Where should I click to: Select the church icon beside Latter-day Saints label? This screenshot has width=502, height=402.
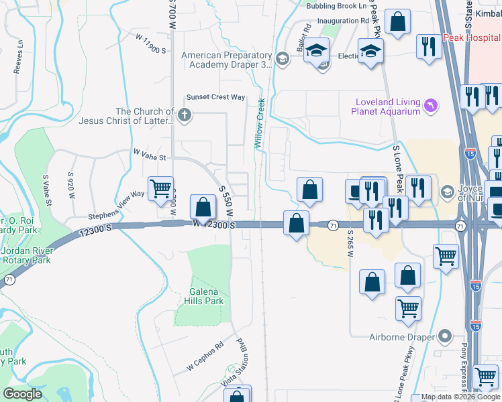tap(185, 117)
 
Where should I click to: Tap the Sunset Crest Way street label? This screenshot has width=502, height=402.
tap(215, 97)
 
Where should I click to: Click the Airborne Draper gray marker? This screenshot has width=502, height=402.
tap(444, 336)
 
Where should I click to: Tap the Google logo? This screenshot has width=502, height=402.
tap(23, 393)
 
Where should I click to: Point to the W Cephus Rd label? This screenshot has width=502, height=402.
tap(204, 359)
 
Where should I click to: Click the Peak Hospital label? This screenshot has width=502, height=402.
tap(471, 39)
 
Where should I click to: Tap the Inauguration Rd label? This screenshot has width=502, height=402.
tap(343, 21)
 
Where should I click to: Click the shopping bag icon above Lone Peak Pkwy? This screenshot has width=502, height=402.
tap(397, 21)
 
